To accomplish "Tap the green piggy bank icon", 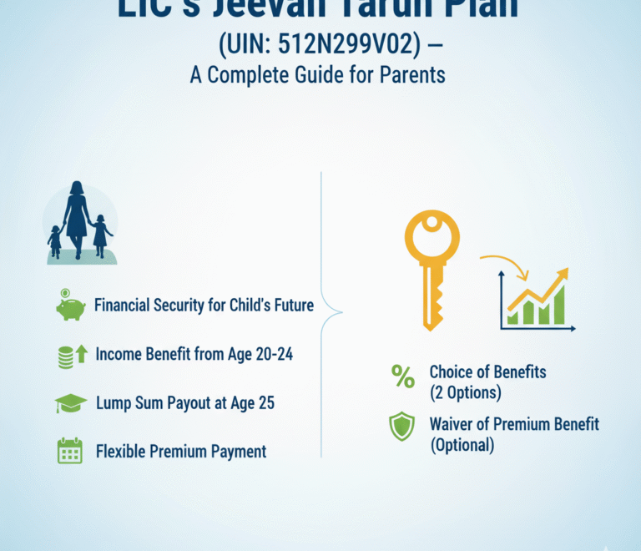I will point(71,306).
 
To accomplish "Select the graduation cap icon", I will point(71,404).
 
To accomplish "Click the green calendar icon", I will point(70,452).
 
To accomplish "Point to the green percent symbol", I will point(403,378).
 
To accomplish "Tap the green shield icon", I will point(402,427).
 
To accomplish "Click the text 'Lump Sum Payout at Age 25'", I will point(185,403).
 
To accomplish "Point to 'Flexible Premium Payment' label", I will point(181,452).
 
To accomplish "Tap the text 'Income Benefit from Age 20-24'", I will point(194,354).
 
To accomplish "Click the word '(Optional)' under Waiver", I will point(462,445).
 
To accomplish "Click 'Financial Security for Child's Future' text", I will point(204,305).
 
